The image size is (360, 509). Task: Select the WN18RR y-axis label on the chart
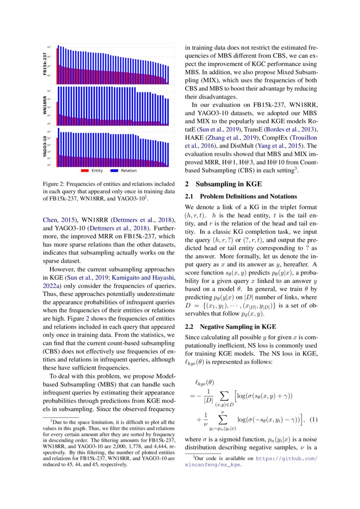coord(45,106)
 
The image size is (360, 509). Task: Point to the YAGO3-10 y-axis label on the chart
coord(45,147)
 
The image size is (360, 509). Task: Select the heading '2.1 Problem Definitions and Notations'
coord(241,196)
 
